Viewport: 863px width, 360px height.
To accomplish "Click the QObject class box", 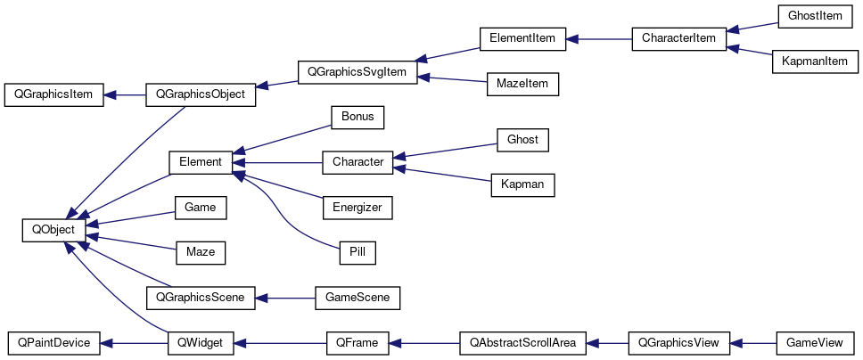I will click(53, 230).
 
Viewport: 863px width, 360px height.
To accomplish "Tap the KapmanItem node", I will click(814, 61).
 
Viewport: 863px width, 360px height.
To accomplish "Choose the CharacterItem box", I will click(678, 39).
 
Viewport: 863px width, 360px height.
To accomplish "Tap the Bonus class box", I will click(357, 117).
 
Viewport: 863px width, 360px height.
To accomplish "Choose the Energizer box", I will click(357, 208).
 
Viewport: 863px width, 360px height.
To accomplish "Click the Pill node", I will click(357, 252).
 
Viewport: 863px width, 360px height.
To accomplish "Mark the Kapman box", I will click(522, 184).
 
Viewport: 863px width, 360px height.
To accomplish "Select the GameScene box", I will click(358, 297).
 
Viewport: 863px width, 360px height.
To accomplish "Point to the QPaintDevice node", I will click(53, 342).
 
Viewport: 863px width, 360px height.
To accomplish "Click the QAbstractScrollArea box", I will click(522, 342).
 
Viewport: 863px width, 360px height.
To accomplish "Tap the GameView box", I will click(815, 342).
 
